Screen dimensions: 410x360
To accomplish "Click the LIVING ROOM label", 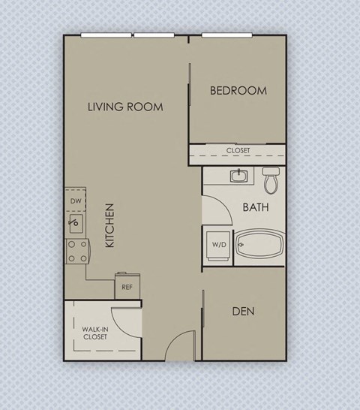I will pos(124,107).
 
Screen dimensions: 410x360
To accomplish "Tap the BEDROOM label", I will pos(238,91).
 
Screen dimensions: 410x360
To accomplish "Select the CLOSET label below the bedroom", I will pos(238,150).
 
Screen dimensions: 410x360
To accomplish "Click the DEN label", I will pos(243,310).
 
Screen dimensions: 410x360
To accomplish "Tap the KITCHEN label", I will pos(109,226).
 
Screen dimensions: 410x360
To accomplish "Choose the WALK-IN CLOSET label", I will pos(94,333).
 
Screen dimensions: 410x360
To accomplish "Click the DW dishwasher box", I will pos(75,201).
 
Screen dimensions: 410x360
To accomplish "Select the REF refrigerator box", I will pos(127,286).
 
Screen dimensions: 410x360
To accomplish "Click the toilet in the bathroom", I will pos(271,179).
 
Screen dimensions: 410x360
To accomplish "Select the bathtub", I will pos(259,246).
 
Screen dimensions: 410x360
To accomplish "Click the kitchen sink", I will pos(74,222).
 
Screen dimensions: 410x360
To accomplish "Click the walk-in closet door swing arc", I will pos(127,319).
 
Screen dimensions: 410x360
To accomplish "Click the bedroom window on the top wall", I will pos(237,35).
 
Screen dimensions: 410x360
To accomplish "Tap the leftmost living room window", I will pos(106,35).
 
